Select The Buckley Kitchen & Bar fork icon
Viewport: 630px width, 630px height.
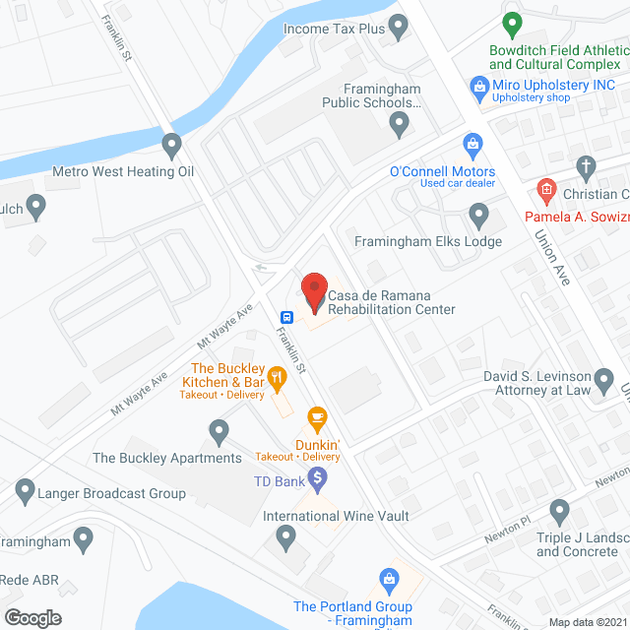click(x=279, y=375)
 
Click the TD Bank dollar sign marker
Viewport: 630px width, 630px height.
click(x=317, y=479)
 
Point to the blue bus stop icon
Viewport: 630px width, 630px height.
click(x=286, y=317)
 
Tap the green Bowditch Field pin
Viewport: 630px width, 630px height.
click(x=511, y=23)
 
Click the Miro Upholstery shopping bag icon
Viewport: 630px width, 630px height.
click(x=479, y=86)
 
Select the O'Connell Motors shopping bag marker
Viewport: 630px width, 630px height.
click(x=472, y=146)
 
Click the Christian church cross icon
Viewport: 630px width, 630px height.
click(x=586, y=166)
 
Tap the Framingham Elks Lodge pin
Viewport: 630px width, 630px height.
click(x=478, y=214)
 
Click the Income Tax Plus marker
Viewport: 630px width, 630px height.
click(x=399, y=29)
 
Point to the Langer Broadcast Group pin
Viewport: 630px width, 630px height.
click(x=27, y=489)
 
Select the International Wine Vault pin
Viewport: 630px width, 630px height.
click(x=285, y=536)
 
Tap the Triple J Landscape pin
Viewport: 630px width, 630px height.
click(x=560, y=511)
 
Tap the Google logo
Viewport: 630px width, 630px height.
click(x=32, y=617)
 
